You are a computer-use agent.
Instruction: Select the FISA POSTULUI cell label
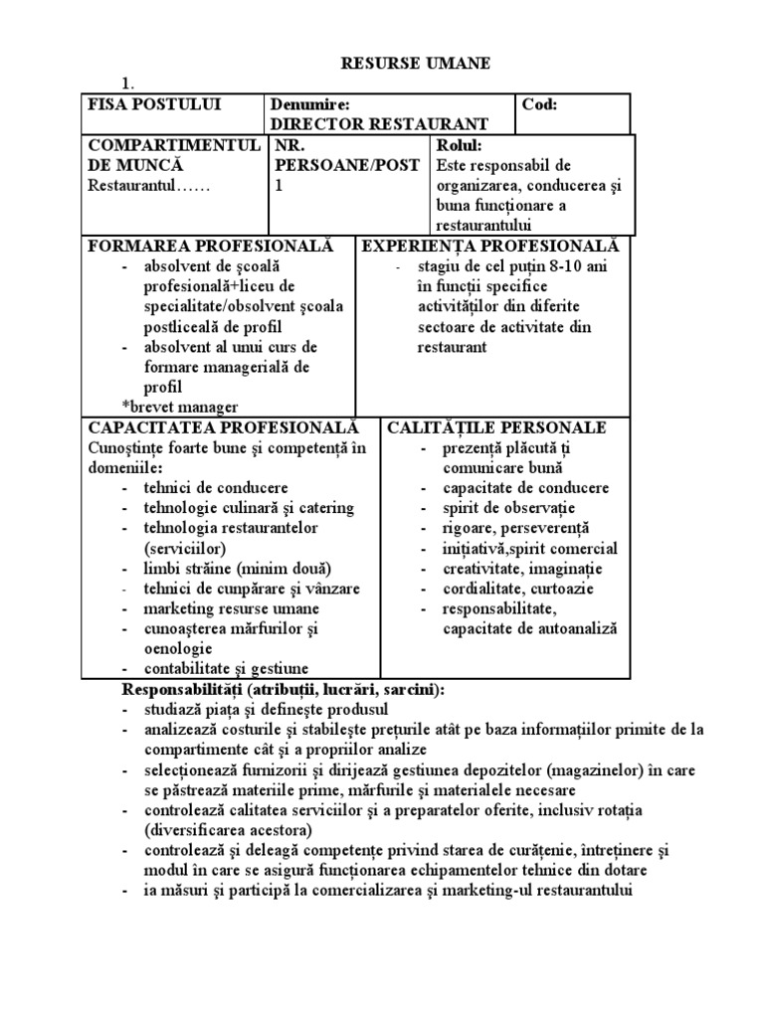click(x=154, y=104)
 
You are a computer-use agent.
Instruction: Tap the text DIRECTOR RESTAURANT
click(x=379, y=124)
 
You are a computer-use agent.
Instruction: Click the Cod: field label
click(x=540, y=104)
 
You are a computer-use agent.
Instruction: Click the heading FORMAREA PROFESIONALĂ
click(x=210, y=246)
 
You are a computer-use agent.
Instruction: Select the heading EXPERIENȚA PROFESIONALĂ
click(x=489, y=246)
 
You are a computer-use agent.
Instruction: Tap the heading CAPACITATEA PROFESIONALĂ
click(x=223, y=427)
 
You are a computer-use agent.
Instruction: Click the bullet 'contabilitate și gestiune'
click(x=226, y=668)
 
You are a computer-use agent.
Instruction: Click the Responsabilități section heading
click(x=284, y=689)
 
